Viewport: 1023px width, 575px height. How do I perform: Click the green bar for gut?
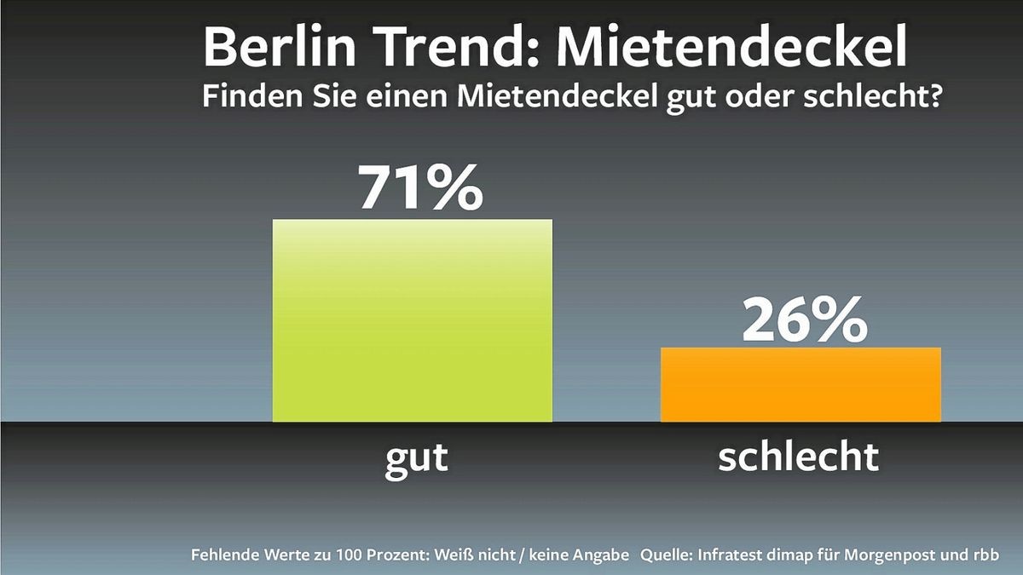[x=412, y=320]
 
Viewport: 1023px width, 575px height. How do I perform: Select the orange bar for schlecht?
[x=800, y=384]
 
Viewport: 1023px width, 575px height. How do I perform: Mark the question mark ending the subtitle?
[x=933, y=97]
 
